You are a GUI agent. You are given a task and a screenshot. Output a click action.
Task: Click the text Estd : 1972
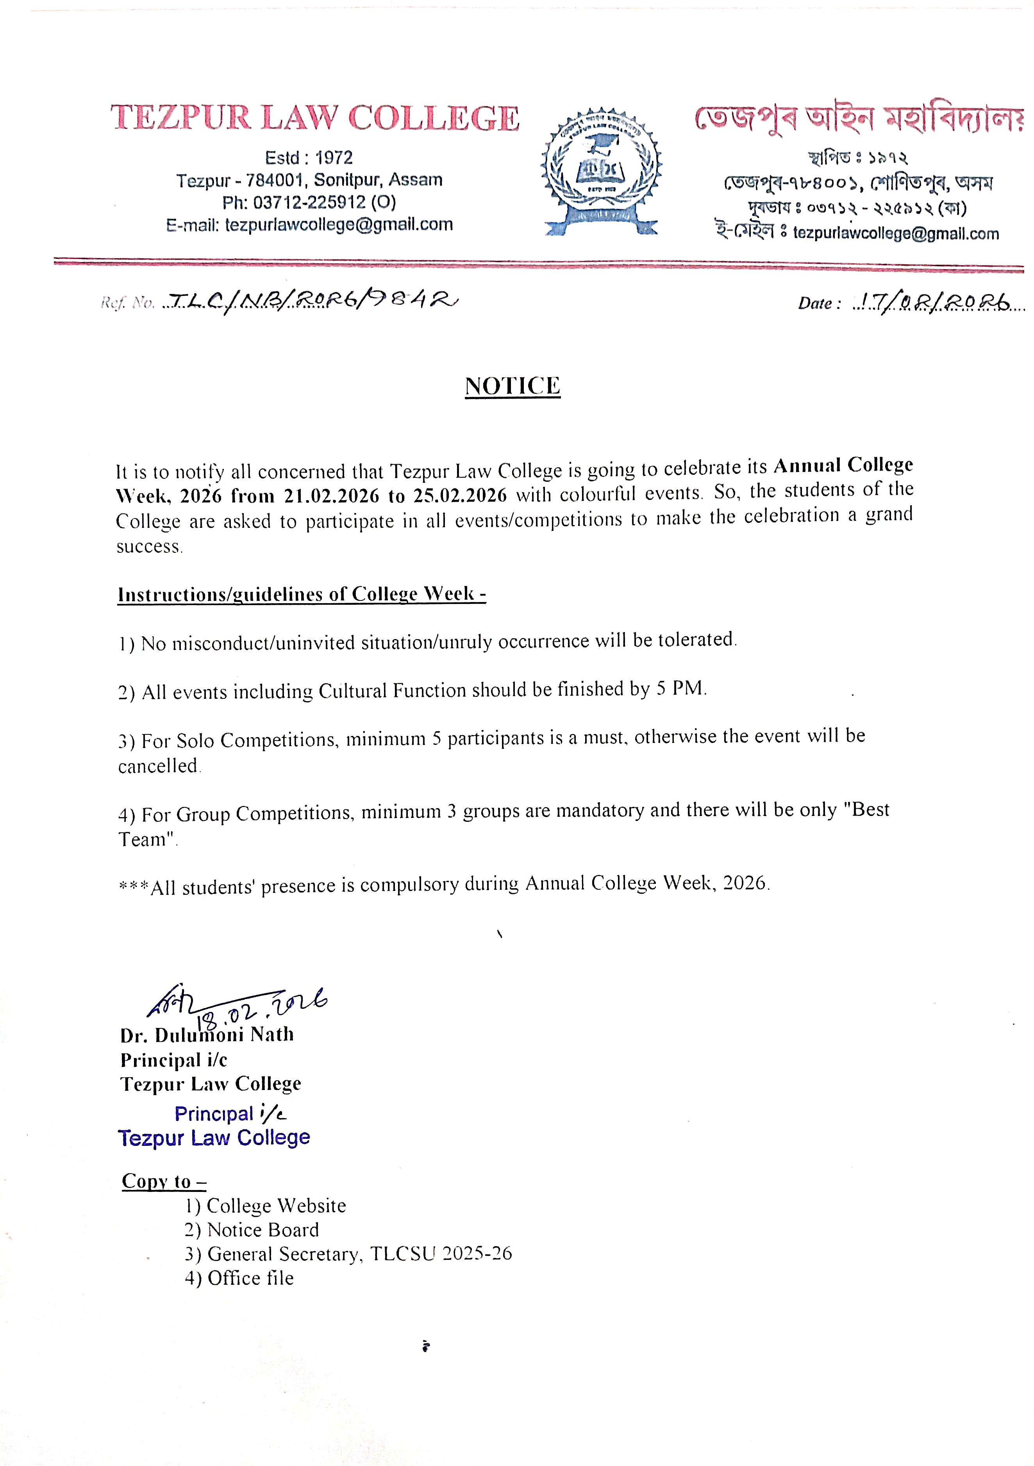pos(309,158)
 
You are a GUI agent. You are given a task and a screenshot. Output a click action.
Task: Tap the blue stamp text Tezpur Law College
pos(214,1138)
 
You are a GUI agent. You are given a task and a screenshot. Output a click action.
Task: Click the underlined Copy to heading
pos(164,1181)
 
